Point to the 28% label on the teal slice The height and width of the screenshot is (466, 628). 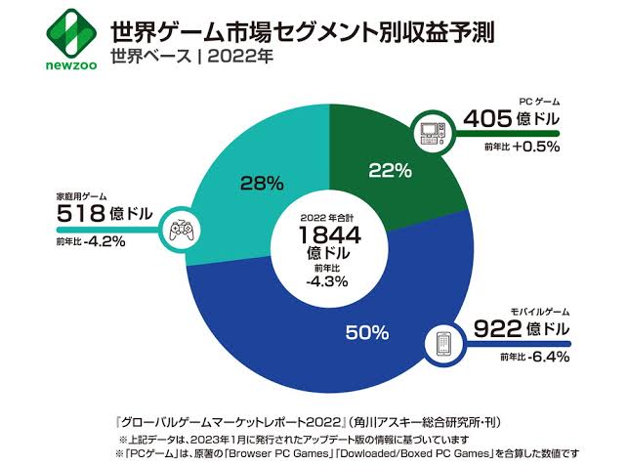pos(262,182)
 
